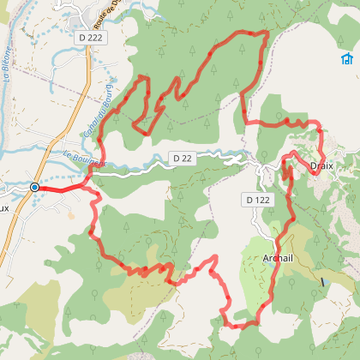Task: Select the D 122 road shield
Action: tap(257, 200)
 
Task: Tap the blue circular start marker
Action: tap(35, 187)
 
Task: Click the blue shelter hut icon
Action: tap(346, 59)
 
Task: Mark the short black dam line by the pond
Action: tap(323, 281)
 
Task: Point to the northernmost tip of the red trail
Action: tap(266, 32)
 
